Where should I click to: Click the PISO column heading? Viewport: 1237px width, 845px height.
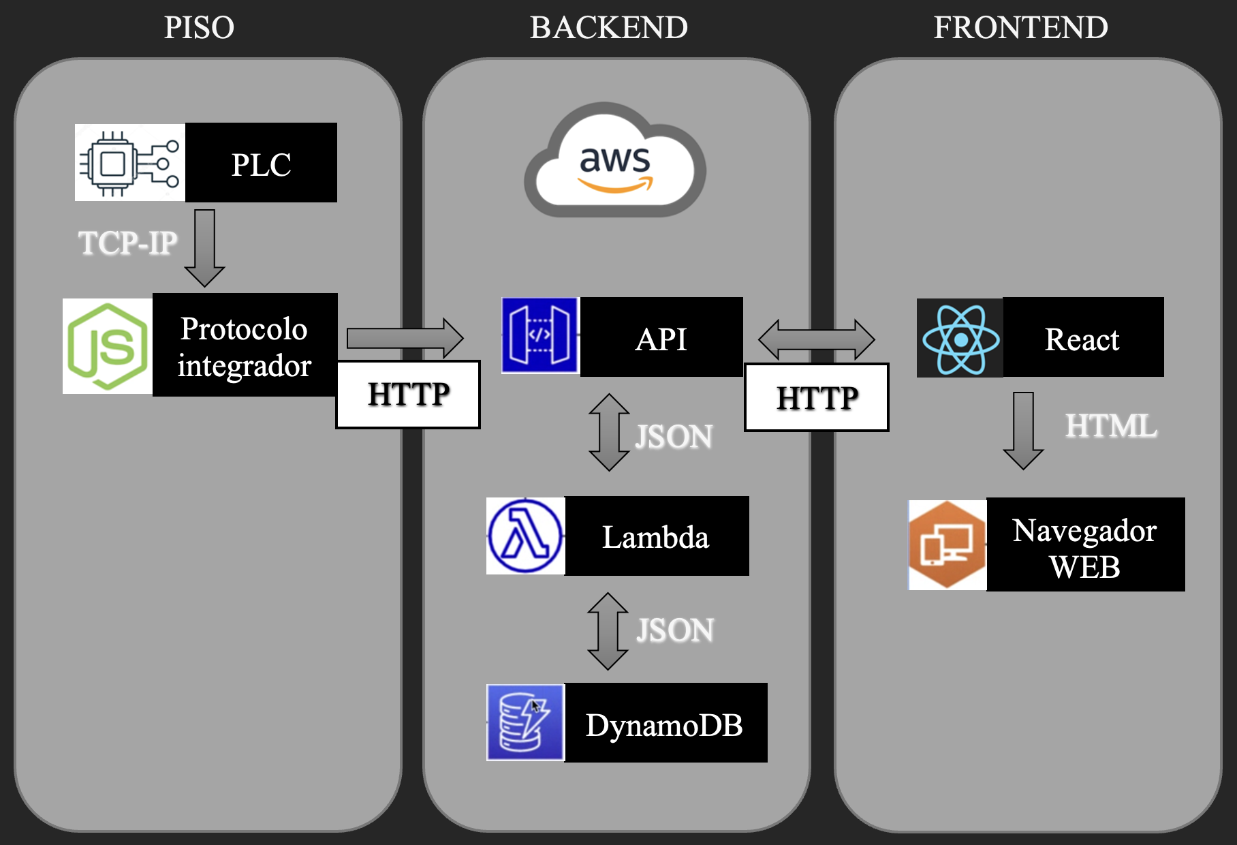(199, 28)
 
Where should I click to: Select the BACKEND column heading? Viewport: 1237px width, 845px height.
(608, 28)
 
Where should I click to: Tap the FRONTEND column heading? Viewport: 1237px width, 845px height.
(1020, 28)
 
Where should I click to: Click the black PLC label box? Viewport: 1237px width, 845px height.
(261, 163)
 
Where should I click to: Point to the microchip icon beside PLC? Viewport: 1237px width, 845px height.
(130, 163)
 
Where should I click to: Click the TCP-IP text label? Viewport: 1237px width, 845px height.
(127, 243)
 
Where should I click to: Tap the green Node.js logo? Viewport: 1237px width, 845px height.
(108, 346)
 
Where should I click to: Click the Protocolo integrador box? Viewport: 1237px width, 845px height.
(245, 345)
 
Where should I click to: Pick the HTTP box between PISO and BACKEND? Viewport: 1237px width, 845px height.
(408, 395)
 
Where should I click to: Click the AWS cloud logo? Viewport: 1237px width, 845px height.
(615, 162)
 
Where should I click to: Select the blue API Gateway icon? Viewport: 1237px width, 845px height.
(540, 335)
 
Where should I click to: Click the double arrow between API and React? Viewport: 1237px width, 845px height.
(816, 339)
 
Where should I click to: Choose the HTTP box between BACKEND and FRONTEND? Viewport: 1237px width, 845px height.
(817, 398)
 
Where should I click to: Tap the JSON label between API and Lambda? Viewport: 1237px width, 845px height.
(674, 437)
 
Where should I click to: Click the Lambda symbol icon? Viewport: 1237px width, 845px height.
(525, 536)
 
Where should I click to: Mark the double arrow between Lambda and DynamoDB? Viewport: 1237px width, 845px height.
(608, 631)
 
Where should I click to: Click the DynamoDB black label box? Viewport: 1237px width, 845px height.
(666, 723)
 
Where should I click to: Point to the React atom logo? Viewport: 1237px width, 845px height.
(960, 339)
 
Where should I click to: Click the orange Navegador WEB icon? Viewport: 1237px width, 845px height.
(947, 545)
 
